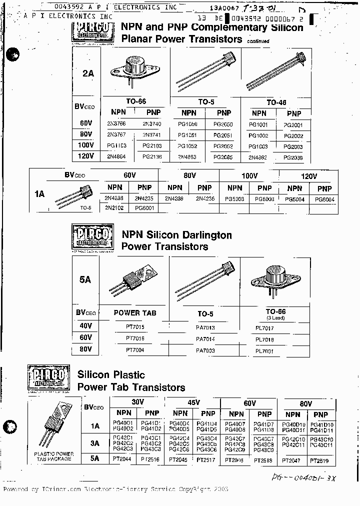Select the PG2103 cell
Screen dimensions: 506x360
(x=152, y=145)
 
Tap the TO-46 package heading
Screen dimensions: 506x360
(x=276, y=102)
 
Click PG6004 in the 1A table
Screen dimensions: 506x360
(x=324, y=198)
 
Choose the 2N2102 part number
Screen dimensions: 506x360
(x=114, y=207)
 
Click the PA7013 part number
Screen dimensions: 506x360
(x=205, y=327)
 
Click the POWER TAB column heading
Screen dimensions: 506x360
(x=135, y=313)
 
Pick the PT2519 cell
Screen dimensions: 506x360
(x=319, y=460)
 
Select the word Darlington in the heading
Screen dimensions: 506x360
(x=205, y=235)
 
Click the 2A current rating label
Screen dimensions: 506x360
(x=87, y=73)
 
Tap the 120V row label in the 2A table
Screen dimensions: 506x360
(x=86, y=156)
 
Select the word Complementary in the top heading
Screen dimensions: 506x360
(x=237, y=28)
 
